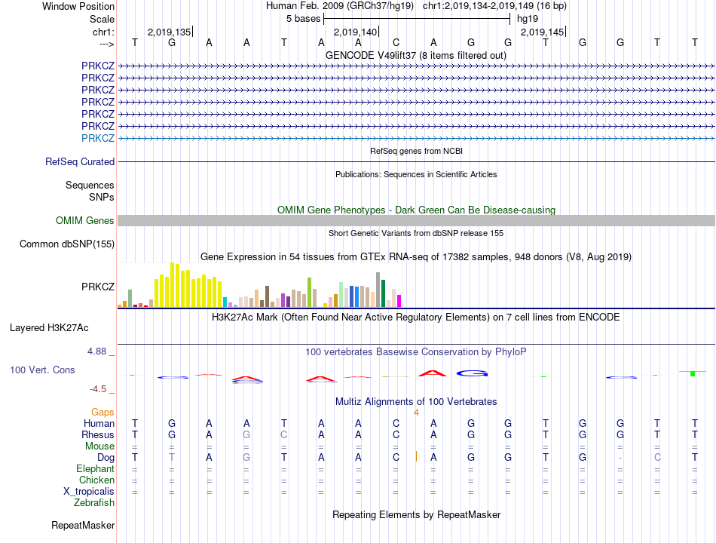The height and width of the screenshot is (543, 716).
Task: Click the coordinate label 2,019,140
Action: [355, 32]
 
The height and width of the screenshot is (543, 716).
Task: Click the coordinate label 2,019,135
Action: [170, 32]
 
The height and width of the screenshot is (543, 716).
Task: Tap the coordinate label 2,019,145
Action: [542, 32]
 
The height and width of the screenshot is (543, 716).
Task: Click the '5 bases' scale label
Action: [302, 18]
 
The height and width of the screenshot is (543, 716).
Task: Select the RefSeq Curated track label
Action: [80, 161]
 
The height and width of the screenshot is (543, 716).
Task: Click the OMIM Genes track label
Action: [85, 221]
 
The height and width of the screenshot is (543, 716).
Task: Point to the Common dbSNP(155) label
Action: [67, 244]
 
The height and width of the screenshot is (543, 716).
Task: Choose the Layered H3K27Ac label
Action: [49, 327]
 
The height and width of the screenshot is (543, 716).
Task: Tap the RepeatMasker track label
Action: [83, 525]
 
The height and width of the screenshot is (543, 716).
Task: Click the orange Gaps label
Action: [103, 412]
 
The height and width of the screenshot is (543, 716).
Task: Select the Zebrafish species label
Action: [94, 502]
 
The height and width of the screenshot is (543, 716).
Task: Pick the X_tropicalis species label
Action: [89, 491]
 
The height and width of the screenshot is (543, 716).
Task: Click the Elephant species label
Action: [95, 468]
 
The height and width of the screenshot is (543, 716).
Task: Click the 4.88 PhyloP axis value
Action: [98, 351]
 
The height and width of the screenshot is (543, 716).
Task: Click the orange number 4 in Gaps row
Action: [416, 412]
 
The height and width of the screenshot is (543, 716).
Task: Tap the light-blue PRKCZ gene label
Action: [98, 138]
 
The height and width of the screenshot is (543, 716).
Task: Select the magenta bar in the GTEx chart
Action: [399, 301]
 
